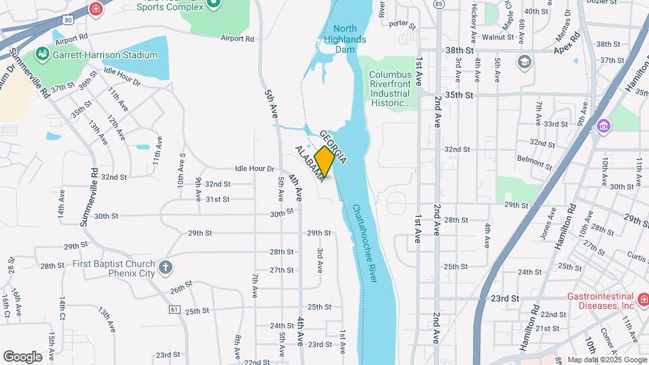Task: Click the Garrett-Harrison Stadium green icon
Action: (x=43, y=52)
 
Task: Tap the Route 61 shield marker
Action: (x=174, y=309)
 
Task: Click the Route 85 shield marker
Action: (x=439, y=4)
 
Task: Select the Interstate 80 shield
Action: (x=66, y=20)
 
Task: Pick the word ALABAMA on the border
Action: (x=308, y=162)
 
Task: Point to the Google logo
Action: (x=22, y=356)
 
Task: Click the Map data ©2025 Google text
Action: (x=606, y=360)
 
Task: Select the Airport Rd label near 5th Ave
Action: (x=237, y=39)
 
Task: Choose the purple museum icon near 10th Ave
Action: (x=604, y=126)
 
